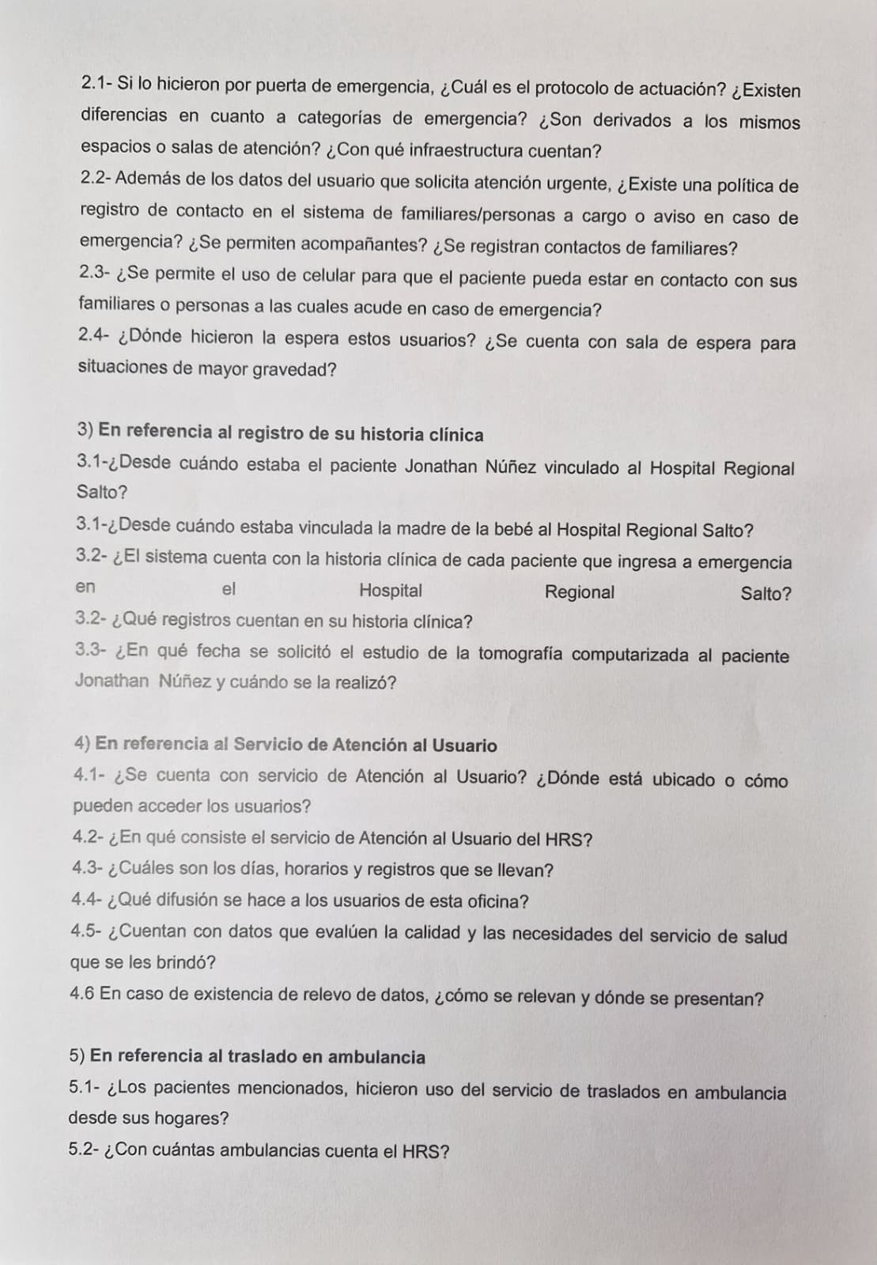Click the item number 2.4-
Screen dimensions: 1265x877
click(x=95, y=335)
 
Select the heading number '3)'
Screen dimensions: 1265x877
click(x=85, y=431)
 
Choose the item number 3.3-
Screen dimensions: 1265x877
click(x=91, y=650)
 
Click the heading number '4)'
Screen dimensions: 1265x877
click(x=82, y=743)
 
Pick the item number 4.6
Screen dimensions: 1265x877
click(x=82, y=993)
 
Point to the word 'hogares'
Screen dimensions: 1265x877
click(x=195, y=1119)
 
